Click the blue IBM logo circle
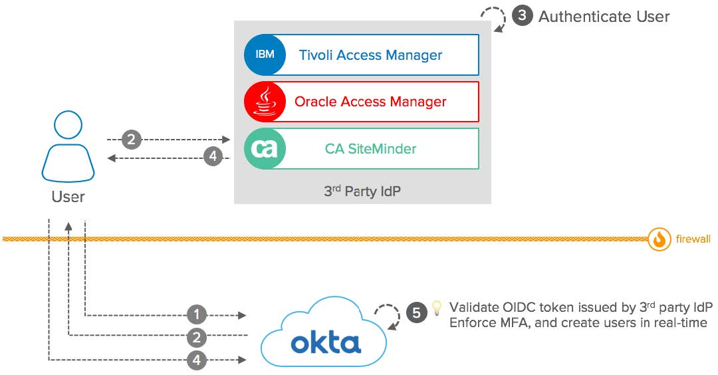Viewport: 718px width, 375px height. pos(265,55)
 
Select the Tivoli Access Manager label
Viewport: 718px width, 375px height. pos(370,55)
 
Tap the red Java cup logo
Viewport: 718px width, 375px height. pos(265,102)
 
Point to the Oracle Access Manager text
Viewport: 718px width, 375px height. pos(370,102)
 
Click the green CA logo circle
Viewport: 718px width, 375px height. pos(265,149)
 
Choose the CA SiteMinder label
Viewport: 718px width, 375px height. pos(370,149)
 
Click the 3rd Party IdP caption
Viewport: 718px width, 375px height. pos(362,191)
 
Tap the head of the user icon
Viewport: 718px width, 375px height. pos(68,125)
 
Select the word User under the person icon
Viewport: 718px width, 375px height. pos(68,197)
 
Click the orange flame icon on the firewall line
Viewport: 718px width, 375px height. pos(659,239)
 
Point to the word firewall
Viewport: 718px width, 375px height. pos(692,239)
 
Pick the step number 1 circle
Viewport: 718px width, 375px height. pos(196,314)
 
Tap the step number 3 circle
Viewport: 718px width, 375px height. pos(523,17)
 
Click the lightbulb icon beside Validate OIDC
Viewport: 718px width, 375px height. pos(437,307)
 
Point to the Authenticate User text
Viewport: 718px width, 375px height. pos(604,17)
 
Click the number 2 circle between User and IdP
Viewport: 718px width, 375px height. pos(132,140)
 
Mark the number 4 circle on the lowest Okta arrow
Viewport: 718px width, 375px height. pos(196,361)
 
